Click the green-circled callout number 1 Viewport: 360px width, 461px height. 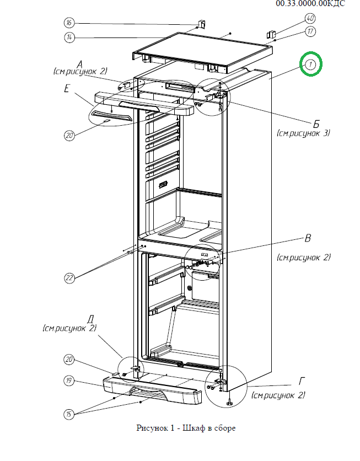[310, 65]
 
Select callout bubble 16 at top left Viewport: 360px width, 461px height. [69, 23]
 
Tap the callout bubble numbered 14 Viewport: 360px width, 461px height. [69, 37]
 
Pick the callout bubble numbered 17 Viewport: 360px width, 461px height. [310, 31]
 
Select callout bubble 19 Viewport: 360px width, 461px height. [69, 380]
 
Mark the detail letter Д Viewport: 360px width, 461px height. [90, 319]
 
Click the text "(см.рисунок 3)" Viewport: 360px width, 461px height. [303, 133]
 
